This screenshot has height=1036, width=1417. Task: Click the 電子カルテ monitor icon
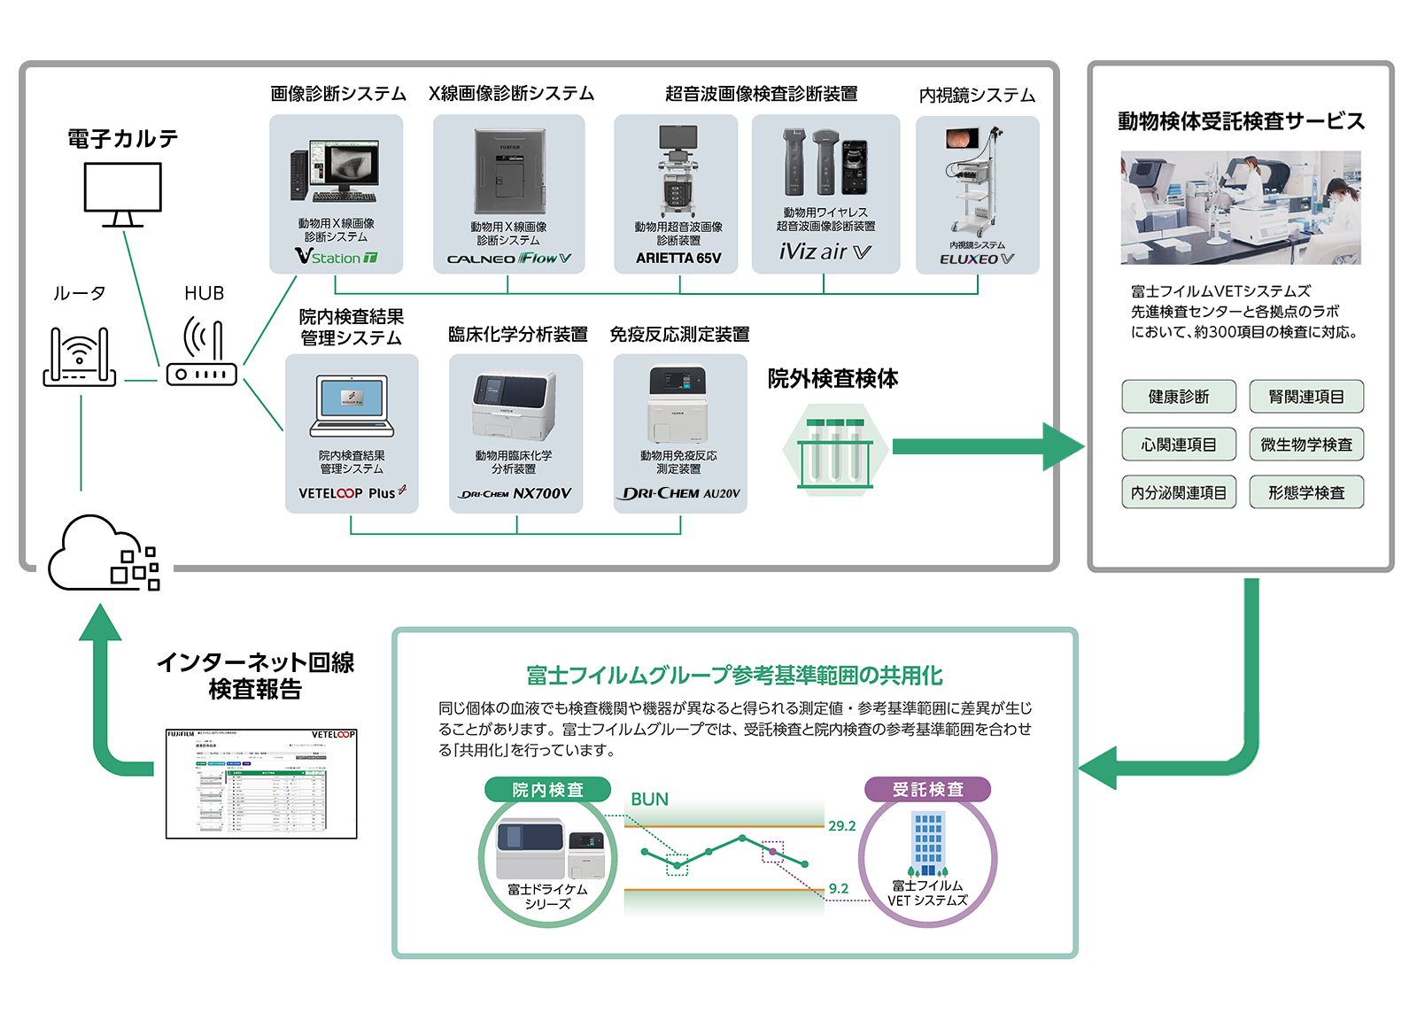[x=122, y=195]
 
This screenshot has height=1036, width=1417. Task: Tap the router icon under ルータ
[x=80, y=357]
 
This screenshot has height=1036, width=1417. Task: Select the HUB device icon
[x=202, y=354]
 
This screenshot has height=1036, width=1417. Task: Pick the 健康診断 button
[x=1178, y=397]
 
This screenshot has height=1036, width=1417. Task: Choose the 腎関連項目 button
[x=1306, y=397]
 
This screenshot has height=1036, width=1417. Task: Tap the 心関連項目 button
[x=1178, y=445]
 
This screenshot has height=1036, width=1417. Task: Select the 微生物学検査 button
[x=1306, y=445]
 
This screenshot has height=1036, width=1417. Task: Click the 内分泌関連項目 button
[x=1178, y=492]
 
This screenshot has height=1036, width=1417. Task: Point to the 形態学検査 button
[x=1306, y=492]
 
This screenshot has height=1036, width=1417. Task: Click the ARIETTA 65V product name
[x=678, y=259]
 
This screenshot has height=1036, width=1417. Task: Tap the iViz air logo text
[x=825, y=252]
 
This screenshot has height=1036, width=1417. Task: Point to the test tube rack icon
[x=835, y=452]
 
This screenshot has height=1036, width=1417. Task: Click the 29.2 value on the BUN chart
[x=842, y=826]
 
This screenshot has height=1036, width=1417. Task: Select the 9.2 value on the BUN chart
[x=839, y=888]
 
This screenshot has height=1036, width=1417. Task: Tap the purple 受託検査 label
[x=927, y=789]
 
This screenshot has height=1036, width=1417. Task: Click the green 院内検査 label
[x=547, y=790]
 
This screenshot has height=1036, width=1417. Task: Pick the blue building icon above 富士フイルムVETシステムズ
[x=927, y=844]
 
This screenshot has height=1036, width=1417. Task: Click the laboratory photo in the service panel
[x=1240, y=207]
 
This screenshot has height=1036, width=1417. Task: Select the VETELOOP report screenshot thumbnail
[x=261, y=784]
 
